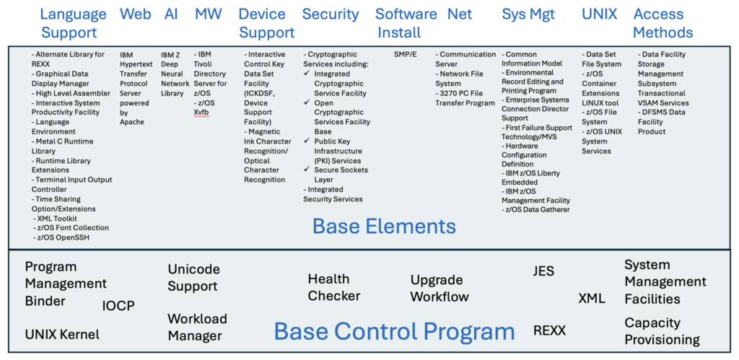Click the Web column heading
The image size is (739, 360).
[x=135, y=14]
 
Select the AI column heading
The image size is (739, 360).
[x=171, y=14]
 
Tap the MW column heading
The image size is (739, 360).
[x=208, y=14]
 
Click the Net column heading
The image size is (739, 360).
[x=460, y=14]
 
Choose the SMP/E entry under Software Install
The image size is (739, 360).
[x=406, y=54]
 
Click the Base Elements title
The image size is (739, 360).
[x=384, y=227]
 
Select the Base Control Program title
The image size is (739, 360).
[x=394, y=331]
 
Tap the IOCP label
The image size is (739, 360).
[x=118, y=307]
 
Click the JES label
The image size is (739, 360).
[x=543, y=271]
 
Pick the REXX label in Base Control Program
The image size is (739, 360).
[x=549, y=330]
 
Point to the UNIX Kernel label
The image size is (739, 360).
[x=62, y=335]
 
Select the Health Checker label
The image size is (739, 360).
[x=333, y=287]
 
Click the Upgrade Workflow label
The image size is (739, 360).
[x=440, y=289]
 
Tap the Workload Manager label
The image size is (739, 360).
[x=198, y=327]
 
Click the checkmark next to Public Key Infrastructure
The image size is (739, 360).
[x=307, y=141]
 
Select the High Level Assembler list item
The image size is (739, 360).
[x=71, y=93]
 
